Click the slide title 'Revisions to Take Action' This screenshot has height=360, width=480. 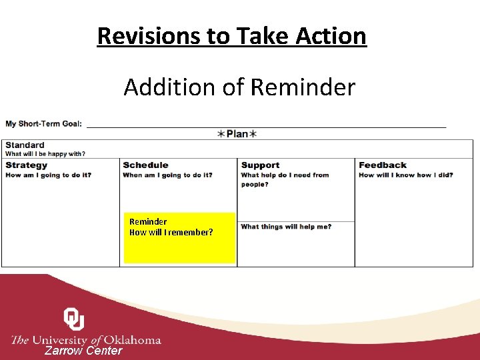coord(231,35)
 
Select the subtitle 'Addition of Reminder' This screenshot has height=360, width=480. coord(239,87)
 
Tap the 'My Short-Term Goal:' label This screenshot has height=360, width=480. coord(43,123)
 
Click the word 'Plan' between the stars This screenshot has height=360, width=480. coord(237,134)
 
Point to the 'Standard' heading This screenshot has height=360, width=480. coord(25,145)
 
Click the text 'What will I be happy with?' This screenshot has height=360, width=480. coord(45,154)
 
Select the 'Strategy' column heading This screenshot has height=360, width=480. coord(27,165)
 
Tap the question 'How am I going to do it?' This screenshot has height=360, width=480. coord(48,175)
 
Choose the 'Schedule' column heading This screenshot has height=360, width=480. coord(145,165)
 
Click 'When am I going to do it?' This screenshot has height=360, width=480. coord(167,175)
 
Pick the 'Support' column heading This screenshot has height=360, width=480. coord(260,165)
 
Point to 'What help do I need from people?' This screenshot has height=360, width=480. coord(285,179)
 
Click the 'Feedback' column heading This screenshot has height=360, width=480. coord(383,165)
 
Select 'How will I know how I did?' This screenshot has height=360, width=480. coord(405,175)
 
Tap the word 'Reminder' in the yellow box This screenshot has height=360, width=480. coord(148,221)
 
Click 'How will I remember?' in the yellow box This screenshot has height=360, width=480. coord(171,232)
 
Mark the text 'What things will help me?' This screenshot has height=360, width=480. coord(286,227)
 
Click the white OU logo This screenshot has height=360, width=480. coord(74,319)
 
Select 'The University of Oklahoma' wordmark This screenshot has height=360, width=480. coord(86,340)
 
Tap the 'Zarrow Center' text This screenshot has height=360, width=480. coord(83,351)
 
